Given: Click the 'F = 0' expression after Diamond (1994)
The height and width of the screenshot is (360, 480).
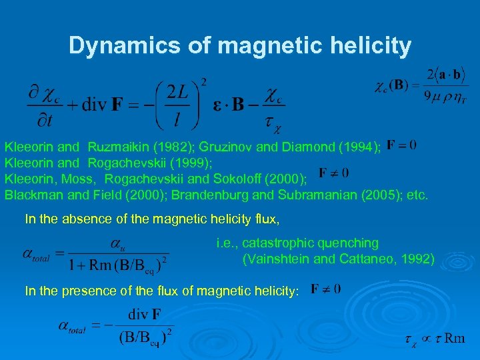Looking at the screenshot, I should (402, 144).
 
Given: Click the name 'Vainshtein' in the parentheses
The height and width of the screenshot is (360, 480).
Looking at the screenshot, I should (274, 259).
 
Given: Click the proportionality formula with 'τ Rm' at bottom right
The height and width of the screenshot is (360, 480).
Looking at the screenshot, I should (435, 339).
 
